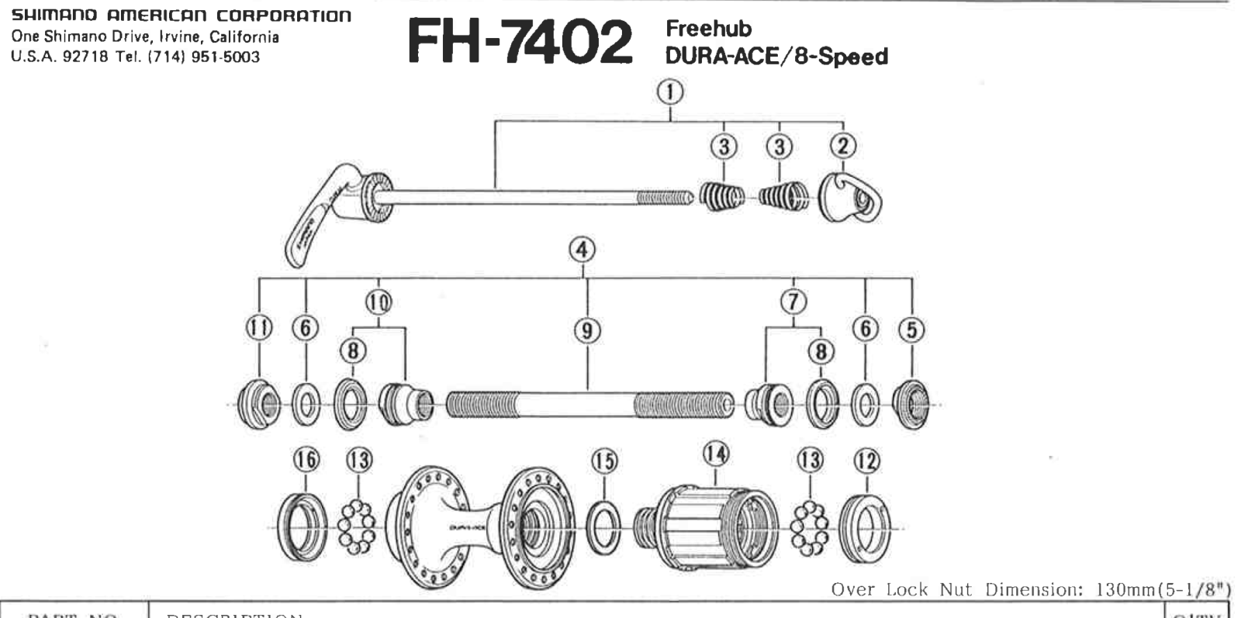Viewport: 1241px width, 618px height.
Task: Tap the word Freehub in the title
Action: (x=708, y=29)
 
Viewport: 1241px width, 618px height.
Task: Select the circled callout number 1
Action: (x=670, y=92)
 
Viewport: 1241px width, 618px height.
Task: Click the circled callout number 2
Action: (x=843, y=145)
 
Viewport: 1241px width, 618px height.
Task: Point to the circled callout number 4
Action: (x=582, y=250)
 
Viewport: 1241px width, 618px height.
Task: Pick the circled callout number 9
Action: (x=587, y=331)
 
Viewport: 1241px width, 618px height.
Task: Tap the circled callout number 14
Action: (x=715, y=454)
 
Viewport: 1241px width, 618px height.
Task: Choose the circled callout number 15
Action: (x=604, y=461)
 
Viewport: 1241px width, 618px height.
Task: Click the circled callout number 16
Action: (x=306, y=460)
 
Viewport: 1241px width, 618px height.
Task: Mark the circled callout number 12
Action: (x=866, y=461)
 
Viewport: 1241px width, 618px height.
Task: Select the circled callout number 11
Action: (x=259, y=328)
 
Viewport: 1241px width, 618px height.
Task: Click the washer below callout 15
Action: (x=604, y=527)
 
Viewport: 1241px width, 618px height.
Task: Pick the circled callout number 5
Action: (x=911, y=330)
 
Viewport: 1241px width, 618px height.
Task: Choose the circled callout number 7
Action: (x=793, y=301)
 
